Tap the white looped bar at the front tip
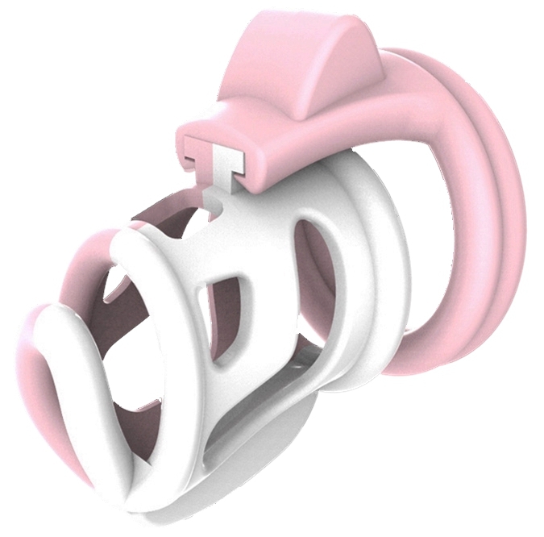point(73,355)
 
